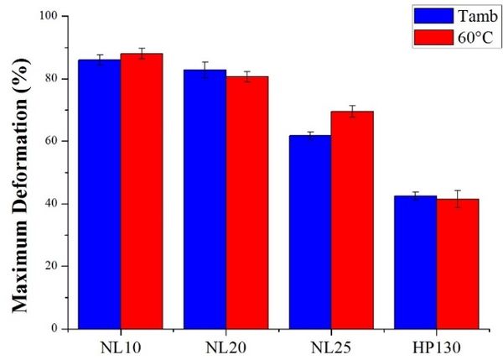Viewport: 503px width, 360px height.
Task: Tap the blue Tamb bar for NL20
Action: pos(205,199)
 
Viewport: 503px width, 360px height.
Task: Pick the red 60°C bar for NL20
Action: pos(247,202)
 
